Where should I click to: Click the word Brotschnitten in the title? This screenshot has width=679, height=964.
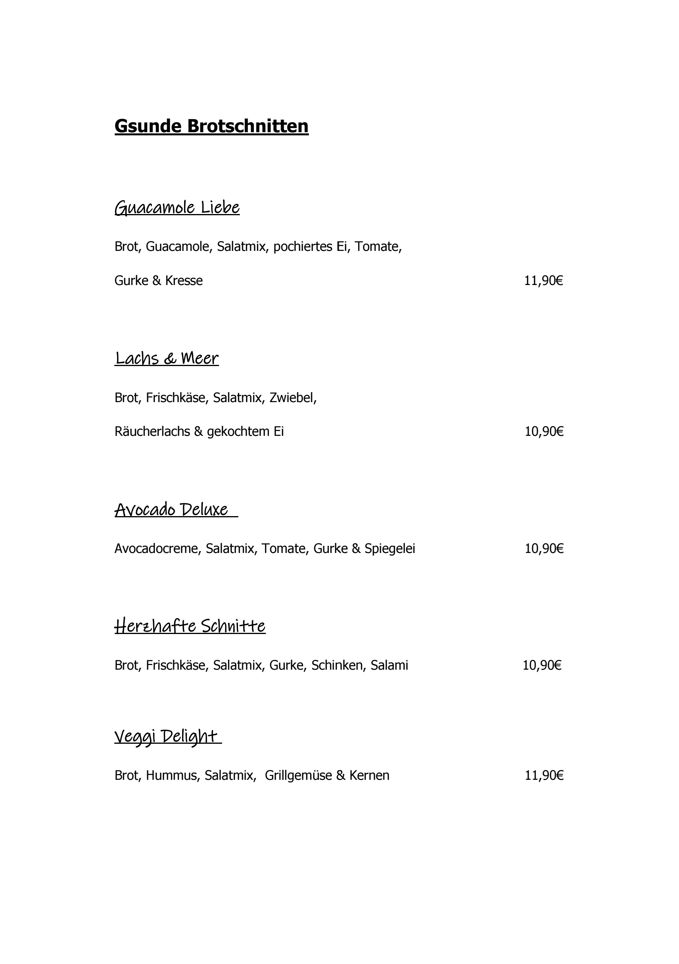[x=248, y=126]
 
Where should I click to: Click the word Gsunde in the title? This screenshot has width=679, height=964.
[x=148, y=126]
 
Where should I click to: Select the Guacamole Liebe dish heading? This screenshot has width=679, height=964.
[x=177, y=207]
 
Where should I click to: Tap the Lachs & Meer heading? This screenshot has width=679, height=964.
[x=167, y=358]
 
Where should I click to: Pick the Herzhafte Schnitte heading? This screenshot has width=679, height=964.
[x=190, y=626]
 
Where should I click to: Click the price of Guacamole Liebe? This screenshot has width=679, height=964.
[x=543, y=280]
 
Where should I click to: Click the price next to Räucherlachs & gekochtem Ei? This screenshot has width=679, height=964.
[x=544, y=431]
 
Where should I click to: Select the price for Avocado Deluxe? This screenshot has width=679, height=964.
[x=544, y=548]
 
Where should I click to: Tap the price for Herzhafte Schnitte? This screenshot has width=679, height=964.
[x=542, y=665]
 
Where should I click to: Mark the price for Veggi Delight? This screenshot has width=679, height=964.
[x=544, y=775]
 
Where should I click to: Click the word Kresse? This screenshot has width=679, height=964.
[x=183, y=280]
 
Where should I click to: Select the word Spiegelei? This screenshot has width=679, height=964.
[x=389, y=548]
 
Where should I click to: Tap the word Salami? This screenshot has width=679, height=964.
[x=389, y=665]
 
